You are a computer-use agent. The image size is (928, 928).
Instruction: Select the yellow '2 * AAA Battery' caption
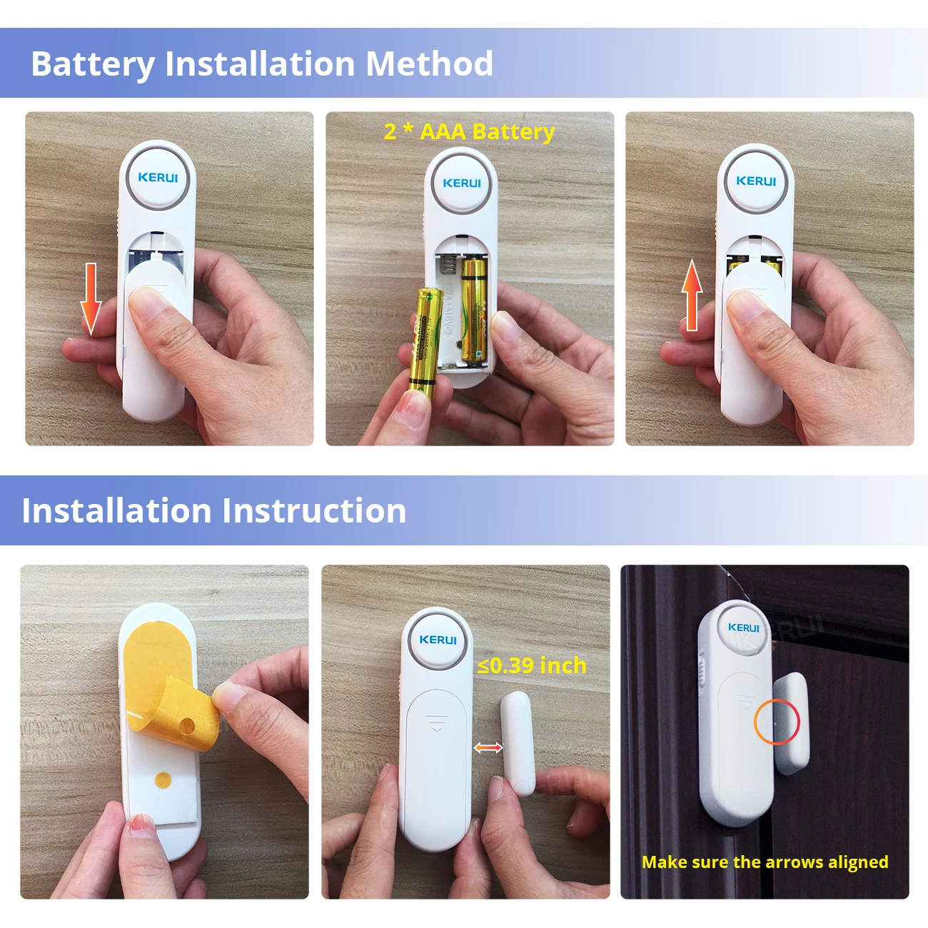pyautogui.click(x=469, y=131)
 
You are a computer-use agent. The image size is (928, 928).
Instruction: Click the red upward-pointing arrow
pyautogui.click(x=692, y=296)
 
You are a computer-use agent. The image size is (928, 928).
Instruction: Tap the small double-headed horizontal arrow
pyautogui.click(x=488, y=747)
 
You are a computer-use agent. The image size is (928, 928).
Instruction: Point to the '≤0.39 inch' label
pyautogui.click(x=532, y=665)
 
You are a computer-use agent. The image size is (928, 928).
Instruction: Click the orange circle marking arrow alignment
pyautogui.click(x=777, y=722)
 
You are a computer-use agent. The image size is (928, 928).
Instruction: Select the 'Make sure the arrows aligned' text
pyautogui.click(x=765, y=862)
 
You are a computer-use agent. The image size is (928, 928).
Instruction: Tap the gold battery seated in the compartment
pyautogui.click(x=473, y=311)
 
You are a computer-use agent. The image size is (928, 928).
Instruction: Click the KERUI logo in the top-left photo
pyautogui.click(x=158, y=177)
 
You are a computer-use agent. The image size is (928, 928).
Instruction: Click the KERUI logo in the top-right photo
pyautogui.click(x=755, y=181)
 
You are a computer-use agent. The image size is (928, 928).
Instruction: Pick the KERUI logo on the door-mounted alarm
pyautogui.click(x=743, y=627)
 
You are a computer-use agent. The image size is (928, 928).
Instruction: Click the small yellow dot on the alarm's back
pyautogui.click(x=163, y=780)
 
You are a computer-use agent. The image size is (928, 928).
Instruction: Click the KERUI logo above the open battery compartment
pyautogui.click(x=461, y=183)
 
